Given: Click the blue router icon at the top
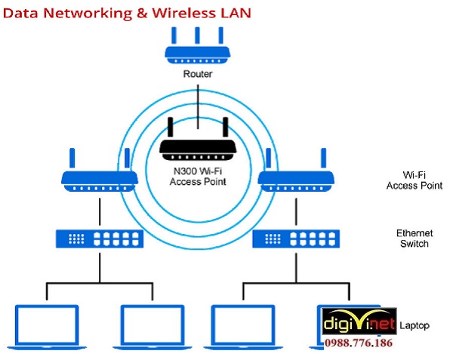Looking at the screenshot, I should click(x=198, y=53).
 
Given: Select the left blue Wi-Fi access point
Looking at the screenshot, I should click(x=99, y=177).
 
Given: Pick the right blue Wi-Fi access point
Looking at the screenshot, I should click(x=297, y=178).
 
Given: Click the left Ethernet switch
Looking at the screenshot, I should click(x=99, y=238).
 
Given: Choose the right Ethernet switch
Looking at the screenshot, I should click(x=296, y=238).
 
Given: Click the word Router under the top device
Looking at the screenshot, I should click(x=198, y=75).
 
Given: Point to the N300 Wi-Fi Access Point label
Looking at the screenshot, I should click(x=198, y=177).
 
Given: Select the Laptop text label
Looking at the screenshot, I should click(x=414, y=325).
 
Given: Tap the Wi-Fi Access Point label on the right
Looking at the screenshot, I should click(x=414, y=180).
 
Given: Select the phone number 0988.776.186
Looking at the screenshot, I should click(x=359, y=343).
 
